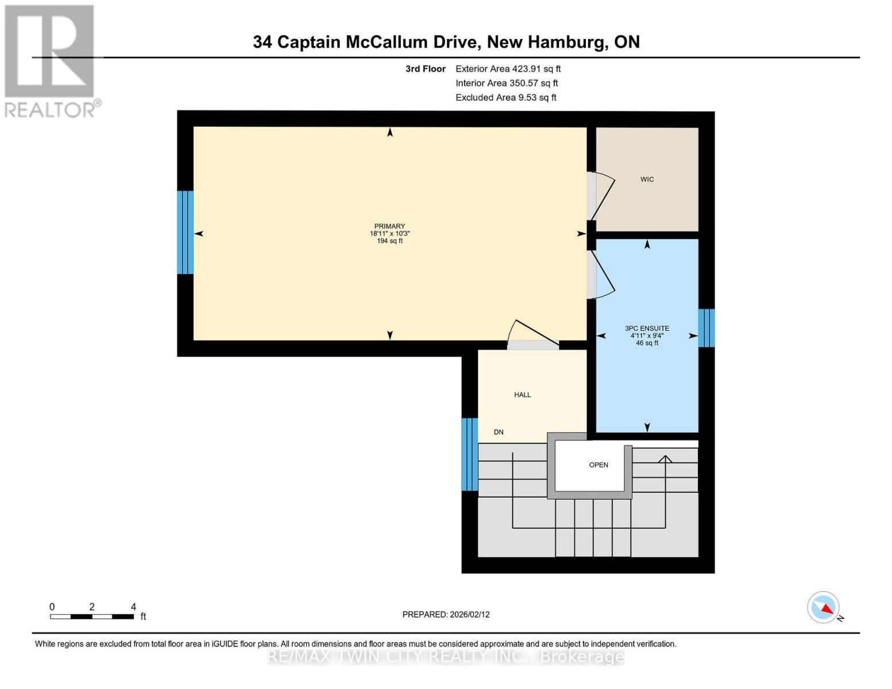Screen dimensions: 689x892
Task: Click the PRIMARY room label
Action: pos(389,226)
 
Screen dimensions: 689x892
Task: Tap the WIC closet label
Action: pos(647,180)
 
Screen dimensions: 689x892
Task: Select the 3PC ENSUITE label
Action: pos(647,328)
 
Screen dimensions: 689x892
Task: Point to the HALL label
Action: pos(522,395)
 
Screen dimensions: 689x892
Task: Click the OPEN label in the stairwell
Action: pos(598,465)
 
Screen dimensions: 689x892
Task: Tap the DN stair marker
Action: pos(499,432)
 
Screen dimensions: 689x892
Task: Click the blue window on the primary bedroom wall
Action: pos(185,233)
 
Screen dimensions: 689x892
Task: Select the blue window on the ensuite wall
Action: pos(706,328)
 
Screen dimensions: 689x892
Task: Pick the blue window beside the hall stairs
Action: pos(469,454)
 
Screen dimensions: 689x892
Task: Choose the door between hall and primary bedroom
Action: pos(532,336)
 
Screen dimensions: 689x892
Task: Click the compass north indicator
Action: pos(824,607)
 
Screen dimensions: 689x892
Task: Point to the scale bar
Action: pos(92,617)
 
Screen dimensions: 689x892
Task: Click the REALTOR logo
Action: pos(51,60)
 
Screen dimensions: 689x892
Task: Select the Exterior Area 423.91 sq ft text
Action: pos(508,69)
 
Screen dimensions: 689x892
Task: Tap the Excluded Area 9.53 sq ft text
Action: pos(505,98)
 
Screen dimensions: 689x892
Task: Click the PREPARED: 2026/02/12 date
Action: pos(446,614)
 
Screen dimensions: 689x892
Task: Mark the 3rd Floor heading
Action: pos(425,69)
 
